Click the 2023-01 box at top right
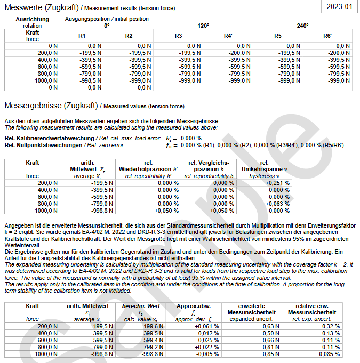340,7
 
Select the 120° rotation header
203,26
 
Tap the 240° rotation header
302,26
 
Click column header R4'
228,36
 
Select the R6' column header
327,36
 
